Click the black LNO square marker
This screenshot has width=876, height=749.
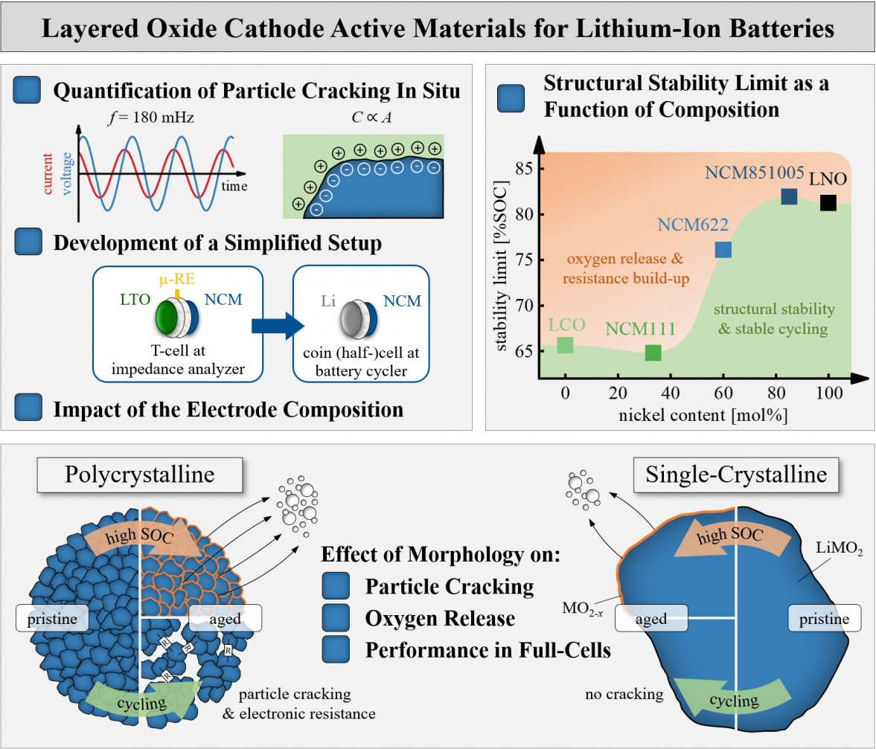tap(828, 202)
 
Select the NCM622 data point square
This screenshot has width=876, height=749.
tap(723, 250)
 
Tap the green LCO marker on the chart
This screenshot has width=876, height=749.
tap(565, 345)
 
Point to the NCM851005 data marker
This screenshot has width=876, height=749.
tap(789, 196)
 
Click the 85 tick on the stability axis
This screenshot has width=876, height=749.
tap(524, 169)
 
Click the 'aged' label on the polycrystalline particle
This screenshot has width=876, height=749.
tap(225, 617)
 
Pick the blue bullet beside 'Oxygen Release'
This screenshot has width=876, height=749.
tap(336, 617)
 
